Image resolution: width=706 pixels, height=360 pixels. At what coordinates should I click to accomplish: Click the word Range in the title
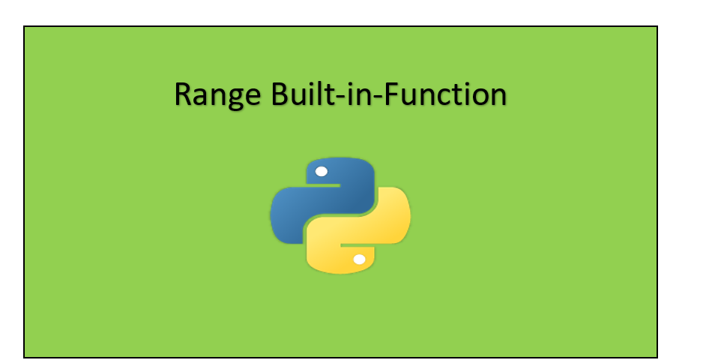(217, 94)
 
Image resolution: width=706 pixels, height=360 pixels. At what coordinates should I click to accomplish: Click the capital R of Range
(183, 94)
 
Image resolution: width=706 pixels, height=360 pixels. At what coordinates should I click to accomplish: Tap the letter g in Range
(235, 100)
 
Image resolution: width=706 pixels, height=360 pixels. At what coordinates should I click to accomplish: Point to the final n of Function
(499, 97)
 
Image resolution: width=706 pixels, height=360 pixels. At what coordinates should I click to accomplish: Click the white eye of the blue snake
(322, 172)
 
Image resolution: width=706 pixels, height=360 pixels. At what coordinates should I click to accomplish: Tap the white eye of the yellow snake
(359, 259)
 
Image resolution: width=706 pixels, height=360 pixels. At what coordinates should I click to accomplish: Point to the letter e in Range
(253, 97)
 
